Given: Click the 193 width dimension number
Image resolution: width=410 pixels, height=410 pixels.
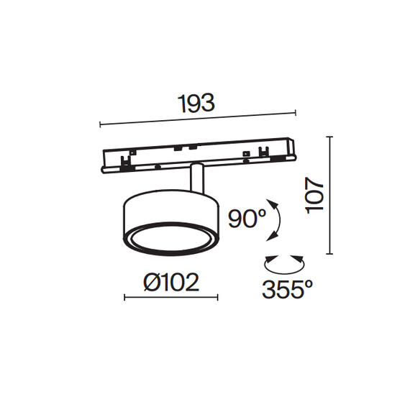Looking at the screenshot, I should coord(197,104).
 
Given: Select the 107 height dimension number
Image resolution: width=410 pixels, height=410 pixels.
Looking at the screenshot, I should coord(315,195).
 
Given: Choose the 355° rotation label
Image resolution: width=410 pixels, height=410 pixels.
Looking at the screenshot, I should coord(287,289).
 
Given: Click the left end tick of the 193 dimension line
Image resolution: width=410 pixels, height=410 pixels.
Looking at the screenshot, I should coord(100,125).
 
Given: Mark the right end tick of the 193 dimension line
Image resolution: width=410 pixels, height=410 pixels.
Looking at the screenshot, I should coord(296,112).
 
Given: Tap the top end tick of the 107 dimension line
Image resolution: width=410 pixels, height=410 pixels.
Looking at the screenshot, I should coord(330,136).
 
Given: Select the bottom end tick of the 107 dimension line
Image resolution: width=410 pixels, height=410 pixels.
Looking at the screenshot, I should coord(330,253).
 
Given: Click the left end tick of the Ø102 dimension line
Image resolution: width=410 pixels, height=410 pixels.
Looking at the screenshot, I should coord(124,297).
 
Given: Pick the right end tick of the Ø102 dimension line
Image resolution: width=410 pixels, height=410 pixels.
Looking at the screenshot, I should coord(217,297).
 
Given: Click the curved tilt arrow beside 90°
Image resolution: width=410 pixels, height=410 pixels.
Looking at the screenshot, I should coord(273,219).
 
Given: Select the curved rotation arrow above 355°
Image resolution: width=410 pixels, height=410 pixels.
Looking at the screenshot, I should coord(283,261).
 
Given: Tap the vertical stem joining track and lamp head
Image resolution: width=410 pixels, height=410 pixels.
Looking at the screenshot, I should coord(196,178).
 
